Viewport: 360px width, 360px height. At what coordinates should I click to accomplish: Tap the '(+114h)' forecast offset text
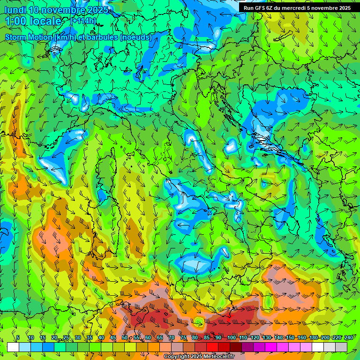(x=84, y=21)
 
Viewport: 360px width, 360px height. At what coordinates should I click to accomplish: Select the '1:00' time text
(x=15, y=21)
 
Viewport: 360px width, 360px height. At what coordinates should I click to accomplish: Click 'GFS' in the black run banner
(x=260, y=8)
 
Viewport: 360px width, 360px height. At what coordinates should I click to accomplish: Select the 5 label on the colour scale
(x=18, y=337)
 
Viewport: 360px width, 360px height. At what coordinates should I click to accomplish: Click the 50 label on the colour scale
(x=125, y=337)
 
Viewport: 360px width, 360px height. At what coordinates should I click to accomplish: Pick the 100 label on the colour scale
(x=231, y=337)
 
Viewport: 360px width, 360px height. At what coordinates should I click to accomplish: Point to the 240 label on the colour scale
(x=348, y=337)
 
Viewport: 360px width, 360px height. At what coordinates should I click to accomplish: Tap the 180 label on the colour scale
(x=313, y=337)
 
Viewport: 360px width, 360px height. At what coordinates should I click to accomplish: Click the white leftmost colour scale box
(x=13, y=347)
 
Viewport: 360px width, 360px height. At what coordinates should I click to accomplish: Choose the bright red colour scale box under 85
(x=212, y=347)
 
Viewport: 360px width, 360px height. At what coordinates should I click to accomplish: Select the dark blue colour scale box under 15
(x=48, y=347)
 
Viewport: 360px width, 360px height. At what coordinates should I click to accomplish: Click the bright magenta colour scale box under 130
(x=271, y=347)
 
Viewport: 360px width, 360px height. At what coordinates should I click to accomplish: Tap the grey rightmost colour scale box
(x=341, y=347)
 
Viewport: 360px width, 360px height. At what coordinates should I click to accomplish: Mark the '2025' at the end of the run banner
(x=344, y=8)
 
